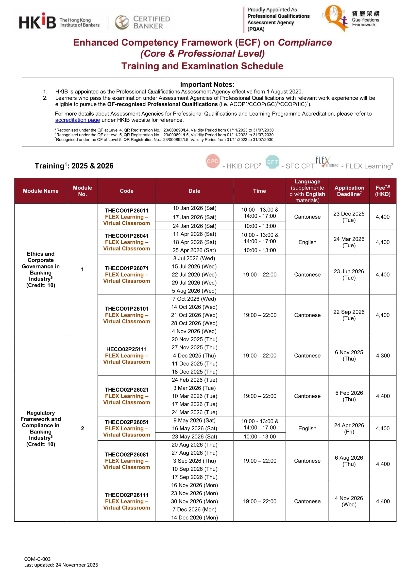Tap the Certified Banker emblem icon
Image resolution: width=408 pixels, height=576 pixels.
[122, 22]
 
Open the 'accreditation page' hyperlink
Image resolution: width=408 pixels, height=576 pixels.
[77, 120]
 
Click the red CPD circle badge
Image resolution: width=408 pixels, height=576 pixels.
[213, 161]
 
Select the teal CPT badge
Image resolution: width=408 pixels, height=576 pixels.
[272, 162]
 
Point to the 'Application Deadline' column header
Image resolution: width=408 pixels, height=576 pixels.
[349, 191]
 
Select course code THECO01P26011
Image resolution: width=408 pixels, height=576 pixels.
[126, 210]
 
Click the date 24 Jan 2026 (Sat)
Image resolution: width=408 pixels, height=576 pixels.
[194, 226]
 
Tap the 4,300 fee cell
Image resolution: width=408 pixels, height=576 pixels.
[383, 356]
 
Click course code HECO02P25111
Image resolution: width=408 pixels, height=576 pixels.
[126, 349]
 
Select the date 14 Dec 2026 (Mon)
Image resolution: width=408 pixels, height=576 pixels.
[194, 517]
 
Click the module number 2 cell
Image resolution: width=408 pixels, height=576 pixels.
[82, 428]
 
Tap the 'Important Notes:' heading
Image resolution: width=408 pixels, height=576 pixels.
[207, 85]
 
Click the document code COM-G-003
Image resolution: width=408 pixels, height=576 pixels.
[37, 559]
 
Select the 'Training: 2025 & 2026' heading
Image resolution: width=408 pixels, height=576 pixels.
[74, 166]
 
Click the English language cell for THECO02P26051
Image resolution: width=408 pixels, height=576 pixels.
[307, 428]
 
